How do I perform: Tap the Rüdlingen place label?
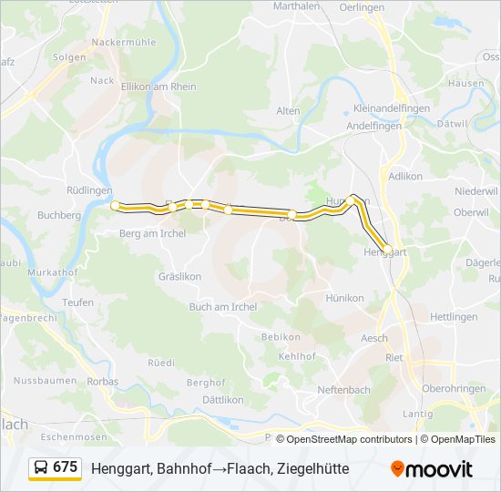click(89, 190)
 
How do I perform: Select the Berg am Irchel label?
click(153, 233)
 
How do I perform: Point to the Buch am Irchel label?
click(223, 307)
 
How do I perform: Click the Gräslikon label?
click(179, 275)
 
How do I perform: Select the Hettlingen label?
click(453, 317)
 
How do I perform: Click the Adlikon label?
click(406, 176)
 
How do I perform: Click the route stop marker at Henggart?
click(388, 249)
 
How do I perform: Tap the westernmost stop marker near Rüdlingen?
click(115, 206)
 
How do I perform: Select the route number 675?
click(66, 467)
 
